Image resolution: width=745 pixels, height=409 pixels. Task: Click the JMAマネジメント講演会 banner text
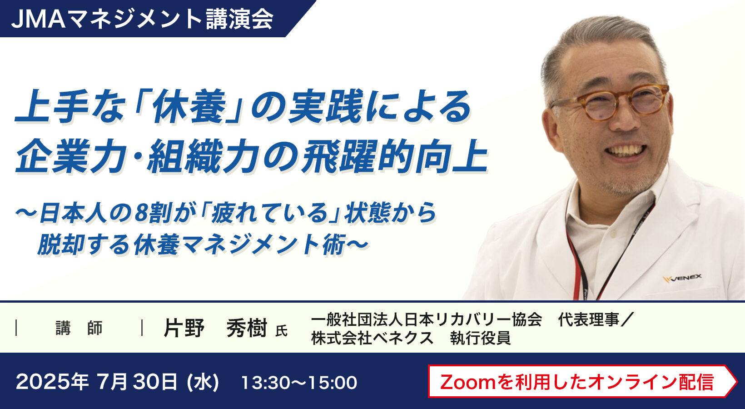click(x=142, y=19)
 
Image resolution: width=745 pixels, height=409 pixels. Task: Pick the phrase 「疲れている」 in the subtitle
click(x=271, y=213)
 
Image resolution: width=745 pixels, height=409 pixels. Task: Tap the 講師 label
click(x=79, y=328)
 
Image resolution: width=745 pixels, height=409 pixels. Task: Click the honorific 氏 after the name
click(x=281, y=331)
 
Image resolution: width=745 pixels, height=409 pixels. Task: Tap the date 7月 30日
click(x=137, y=382)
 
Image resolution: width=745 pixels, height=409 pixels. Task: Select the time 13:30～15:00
click(x=299, y=382)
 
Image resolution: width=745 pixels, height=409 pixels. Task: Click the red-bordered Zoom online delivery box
click(x=582, y=381)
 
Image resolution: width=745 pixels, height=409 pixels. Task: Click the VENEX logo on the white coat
click(x=682, y=278)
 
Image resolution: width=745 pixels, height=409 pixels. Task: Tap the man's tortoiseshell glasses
click(x=610, y=103)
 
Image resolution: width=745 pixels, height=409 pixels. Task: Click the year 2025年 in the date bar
click(x=52, y=382)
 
